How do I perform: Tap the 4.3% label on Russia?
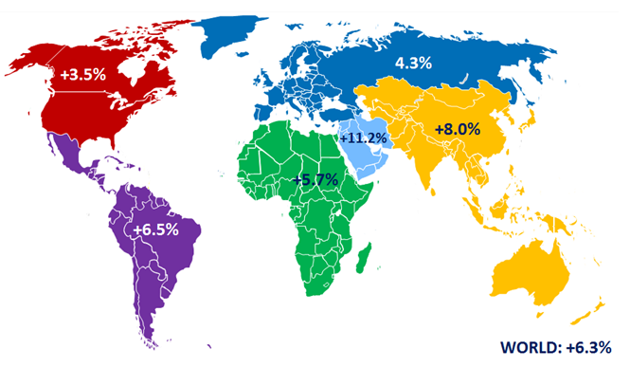(413, 63)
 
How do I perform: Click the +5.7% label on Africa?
(314, 179)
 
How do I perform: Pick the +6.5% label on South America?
(156, 230)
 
